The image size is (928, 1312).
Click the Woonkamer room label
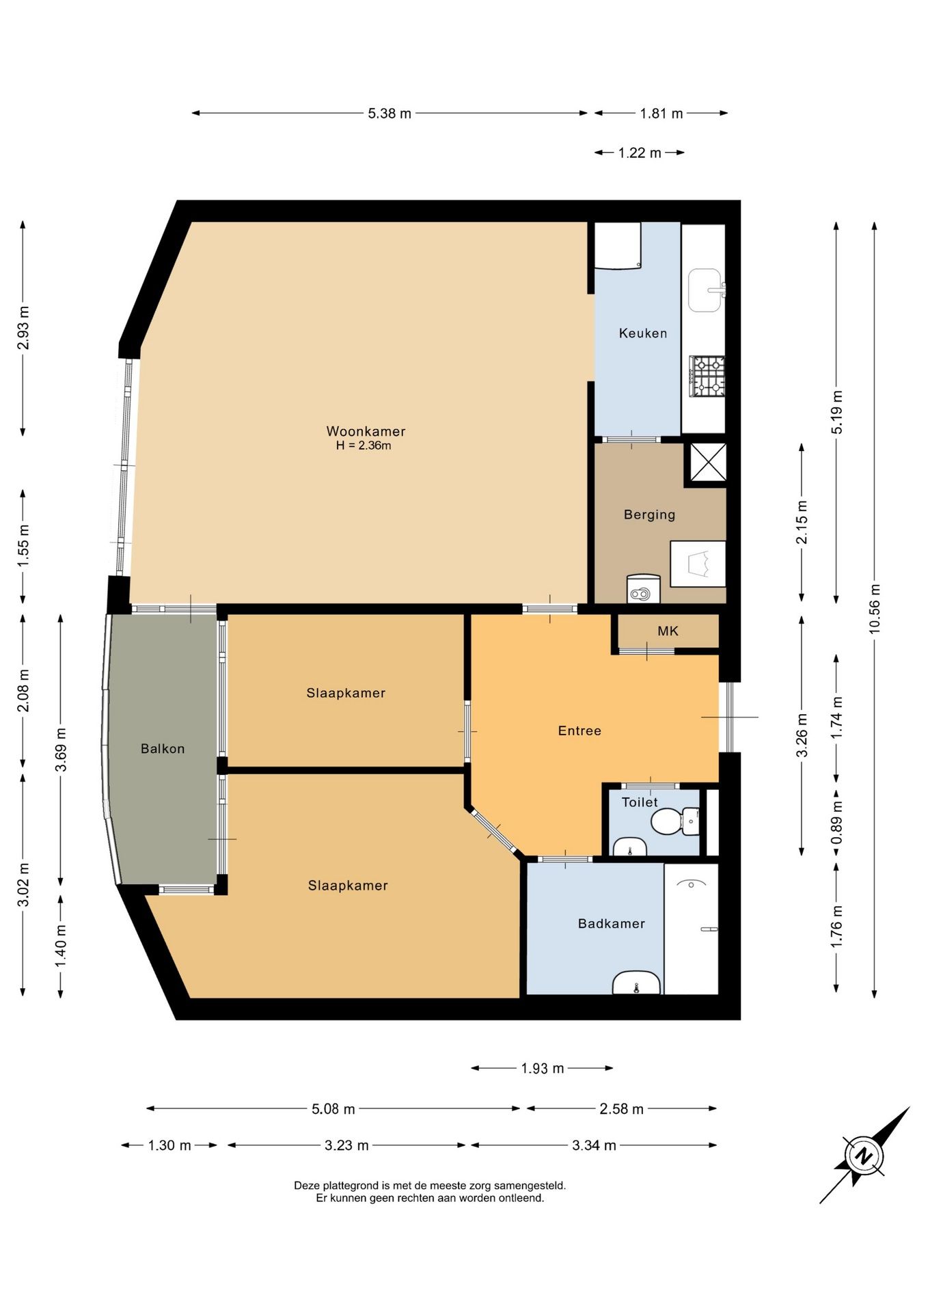pos(366,431)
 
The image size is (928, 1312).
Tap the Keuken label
pos(643,333)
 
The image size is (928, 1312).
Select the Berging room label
pos(649,515)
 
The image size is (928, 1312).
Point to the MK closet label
pos(668,631)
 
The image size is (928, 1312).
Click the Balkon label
pos(163,749)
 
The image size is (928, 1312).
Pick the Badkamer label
pos(612,924)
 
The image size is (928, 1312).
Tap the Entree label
pos(579,730)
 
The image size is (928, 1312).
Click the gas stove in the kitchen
pos(707,377)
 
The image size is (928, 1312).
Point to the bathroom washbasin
pos(636,983)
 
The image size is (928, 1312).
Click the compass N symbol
pos(864,1157)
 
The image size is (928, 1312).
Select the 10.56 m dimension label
pos(875,609)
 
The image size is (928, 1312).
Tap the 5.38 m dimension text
pos(390,113)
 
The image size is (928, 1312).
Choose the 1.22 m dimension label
pos(640,153)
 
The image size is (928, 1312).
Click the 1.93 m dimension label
pos(543,1068)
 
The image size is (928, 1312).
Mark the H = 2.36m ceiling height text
pos(364,446)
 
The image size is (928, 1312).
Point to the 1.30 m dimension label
pos(169,1145)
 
